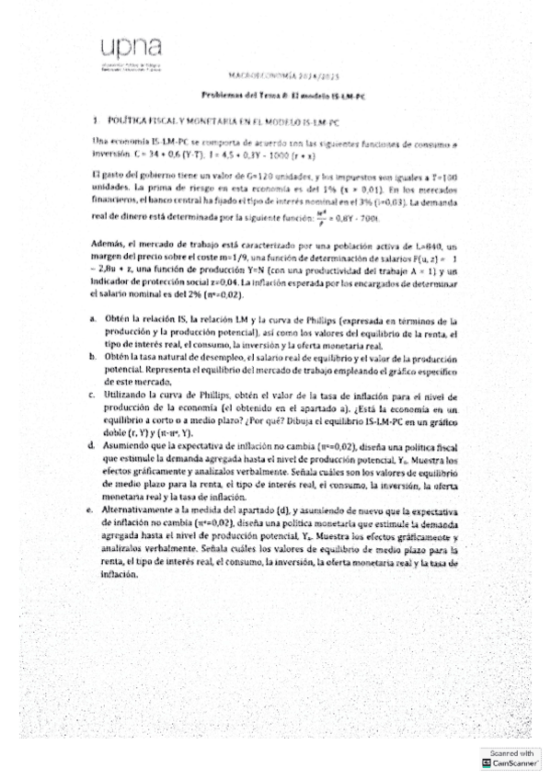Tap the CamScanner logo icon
[486, 763]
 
